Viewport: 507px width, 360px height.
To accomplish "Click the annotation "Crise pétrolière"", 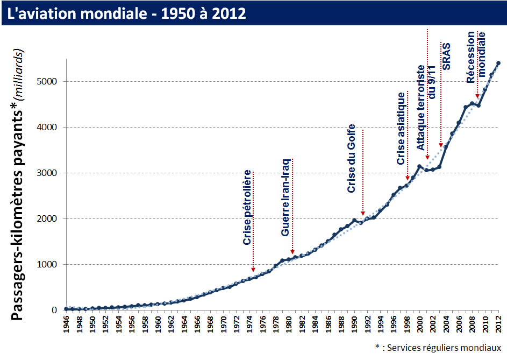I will [x=247, y=208].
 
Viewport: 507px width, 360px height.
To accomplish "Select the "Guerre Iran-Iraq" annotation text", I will [x=286, y=197].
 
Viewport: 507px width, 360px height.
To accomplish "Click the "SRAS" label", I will [x=446, y=57].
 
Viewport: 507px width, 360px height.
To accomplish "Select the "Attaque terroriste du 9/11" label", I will [x=426, y=107].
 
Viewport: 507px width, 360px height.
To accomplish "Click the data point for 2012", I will [x=498, y=63].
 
